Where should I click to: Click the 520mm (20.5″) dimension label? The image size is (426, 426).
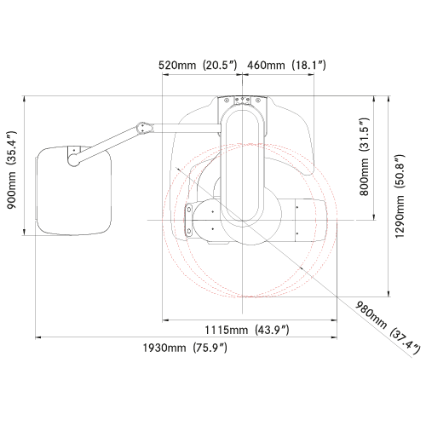tap(198, 65)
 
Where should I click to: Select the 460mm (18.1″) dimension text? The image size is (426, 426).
tap(286, 65)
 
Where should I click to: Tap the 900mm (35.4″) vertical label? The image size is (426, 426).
tap(12, 170)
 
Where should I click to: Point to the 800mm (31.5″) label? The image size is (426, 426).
tap(364, 157)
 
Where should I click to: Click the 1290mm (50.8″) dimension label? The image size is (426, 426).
tap(400, 196)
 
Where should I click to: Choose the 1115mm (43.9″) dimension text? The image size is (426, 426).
tap(247, 330)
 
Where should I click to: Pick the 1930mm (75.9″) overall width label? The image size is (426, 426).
tap(185, 348)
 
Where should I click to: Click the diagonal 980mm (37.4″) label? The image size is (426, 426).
tap(388, 328)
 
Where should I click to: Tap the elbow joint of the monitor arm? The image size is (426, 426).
tap(144, 129)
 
